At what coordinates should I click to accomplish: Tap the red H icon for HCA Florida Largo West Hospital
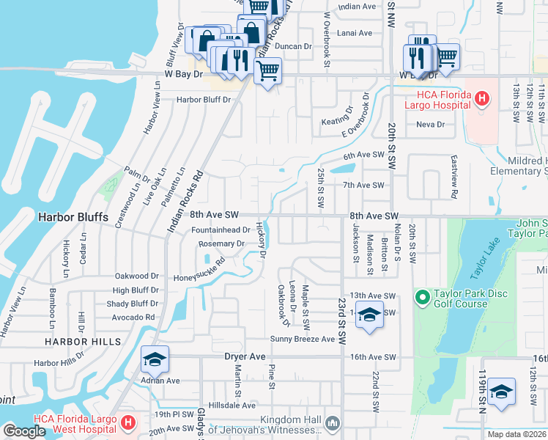click(128, 423)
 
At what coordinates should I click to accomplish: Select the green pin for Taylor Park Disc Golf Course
click(421, 297)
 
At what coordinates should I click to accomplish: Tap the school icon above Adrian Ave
click(155, 359)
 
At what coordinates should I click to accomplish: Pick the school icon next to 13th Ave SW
click(370, 317)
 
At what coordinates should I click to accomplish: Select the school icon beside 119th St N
click(502, 391)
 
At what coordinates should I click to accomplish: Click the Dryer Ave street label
click(245, 356)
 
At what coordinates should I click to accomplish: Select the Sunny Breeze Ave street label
click(302, 339)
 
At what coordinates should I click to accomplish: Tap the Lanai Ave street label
click(354, 33)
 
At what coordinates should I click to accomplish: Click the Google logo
click(24, 430)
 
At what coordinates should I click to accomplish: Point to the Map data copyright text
click(517, 434)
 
